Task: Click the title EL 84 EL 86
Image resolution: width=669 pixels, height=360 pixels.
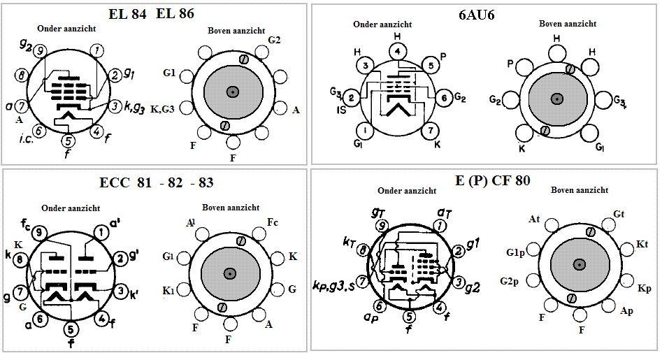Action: click(x=151, y=14)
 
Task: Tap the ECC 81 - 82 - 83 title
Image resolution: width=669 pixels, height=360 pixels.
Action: click(x=156, y=182)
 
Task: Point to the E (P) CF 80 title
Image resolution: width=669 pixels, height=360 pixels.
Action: click(x=492, y=180)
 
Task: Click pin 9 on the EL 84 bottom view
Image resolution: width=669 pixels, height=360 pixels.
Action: click(x=40, y=51)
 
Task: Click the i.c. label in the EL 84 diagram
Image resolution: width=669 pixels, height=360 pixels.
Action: click(x=28, y=143)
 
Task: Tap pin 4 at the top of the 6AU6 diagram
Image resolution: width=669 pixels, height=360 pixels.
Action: click(x=397, y=51)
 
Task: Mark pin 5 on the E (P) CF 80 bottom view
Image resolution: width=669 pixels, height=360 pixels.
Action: click(x=409, y=317)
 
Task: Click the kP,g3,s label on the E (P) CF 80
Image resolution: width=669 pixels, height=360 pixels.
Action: click(x=333, y=285)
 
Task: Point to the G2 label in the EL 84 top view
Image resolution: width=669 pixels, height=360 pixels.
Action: click(x=274, y=39)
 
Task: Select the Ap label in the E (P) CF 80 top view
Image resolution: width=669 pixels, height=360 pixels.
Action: click(x=626, y=310)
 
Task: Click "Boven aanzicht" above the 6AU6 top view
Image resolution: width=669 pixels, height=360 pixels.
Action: click(x=567, y=24)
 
